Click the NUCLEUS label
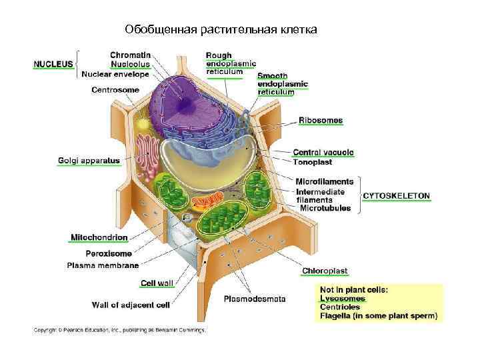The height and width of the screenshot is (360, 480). (x=53, y=64)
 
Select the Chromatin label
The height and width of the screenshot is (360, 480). (x=130, y=55)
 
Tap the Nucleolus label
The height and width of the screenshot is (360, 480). (x=131, y=64)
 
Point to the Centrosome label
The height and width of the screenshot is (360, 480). (x=115, y=89)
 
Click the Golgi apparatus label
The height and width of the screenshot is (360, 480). (x=89, y=160)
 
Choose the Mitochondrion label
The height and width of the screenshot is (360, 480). (x=99, y=237)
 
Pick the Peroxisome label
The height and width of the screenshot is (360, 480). (x=109, y=253)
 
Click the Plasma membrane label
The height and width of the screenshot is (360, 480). (x=103, y=265)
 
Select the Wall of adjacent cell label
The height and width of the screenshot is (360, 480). (x=130, y=305)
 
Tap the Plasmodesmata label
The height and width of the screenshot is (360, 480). (x=255, y=299)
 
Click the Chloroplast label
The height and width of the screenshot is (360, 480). (x=325, y=271)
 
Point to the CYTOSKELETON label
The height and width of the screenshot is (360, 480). (x=396, y=196)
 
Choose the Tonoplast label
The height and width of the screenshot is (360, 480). (x=312, y=162)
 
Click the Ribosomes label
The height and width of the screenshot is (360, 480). (x=320, y=121)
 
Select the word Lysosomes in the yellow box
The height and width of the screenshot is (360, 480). (x=343, y=299)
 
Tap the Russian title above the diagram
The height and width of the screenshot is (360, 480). (x=221, y=30)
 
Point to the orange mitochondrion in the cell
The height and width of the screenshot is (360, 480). (x=207, y=201)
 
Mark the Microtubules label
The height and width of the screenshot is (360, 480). (x=325, y=208)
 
